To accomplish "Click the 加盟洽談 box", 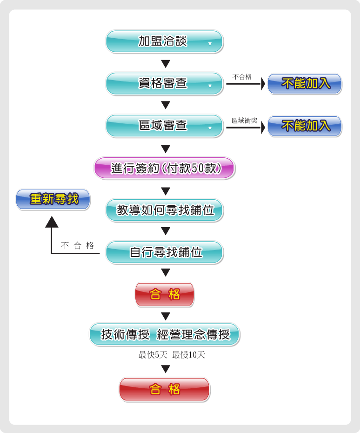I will click(164, 41).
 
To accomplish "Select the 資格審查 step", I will click(164, 84).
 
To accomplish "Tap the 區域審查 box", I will click(164, 126).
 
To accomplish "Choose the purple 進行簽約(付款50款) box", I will click(164, 168).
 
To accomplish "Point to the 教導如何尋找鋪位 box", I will click(164, 210).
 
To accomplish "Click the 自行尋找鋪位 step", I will click(164, 252).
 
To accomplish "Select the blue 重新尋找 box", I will click(53, 199).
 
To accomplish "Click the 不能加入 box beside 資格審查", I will click(305, 84).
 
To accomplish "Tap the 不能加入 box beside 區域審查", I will click(305, 126).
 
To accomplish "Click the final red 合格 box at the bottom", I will click(165, 389).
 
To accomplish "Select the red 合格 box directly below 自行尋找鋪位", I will click(165, 294).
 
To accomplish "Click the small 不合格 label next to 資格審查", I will click(242, 77).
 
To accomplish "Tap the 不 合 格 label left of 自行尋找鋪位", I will click(78, 246).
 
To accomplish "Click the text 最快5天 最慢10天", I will click(172, 355).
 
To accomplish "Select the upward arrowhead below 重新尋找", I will click(52, 222).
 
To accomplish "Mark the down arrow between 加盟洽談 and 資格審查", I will click(165, 63).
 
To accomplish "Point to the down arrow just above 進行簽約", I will click(165, 149).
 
